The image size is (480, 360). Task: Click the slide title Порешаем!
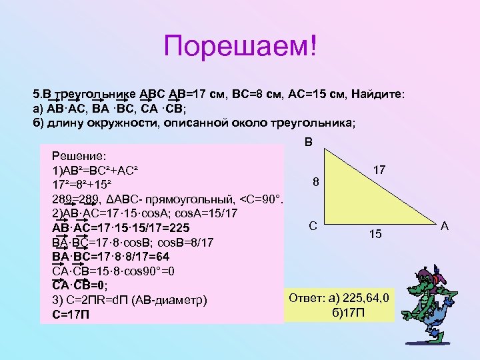pos(241,47)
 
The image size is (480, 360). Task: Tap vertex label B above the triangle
pos(307,141)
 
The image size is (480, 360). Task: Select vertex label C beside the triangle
pos(313,227)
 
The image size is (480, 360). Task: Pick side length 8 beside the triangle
pos(317,182)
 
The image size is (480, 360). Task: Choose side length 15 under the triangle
pos(376,234)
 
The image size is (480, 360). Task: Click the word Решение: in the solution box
pos(79,155)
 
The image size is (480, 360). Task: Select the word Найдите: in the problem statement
pos(379,95)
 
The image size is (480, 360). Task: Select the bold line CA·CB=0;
pos(79,285)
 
